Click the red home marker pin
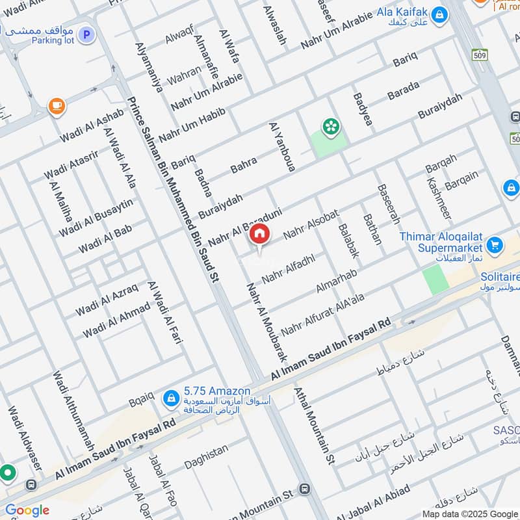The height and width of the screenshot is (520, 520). click(x=259, y=235)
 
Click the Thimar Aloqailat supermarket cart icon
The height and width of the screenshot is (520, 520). click(x=495, y=245)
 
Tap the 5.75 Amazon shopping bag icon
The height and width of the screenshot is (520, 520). click(x=171, y=397)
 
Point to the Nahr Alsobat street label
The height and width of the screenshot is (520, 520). click(x=311, y=224)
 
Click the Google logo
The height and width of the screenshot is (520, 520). click(x=27, y=510)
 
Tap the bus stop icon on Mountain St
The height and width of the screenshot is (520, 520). click(x=304, y=489)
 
